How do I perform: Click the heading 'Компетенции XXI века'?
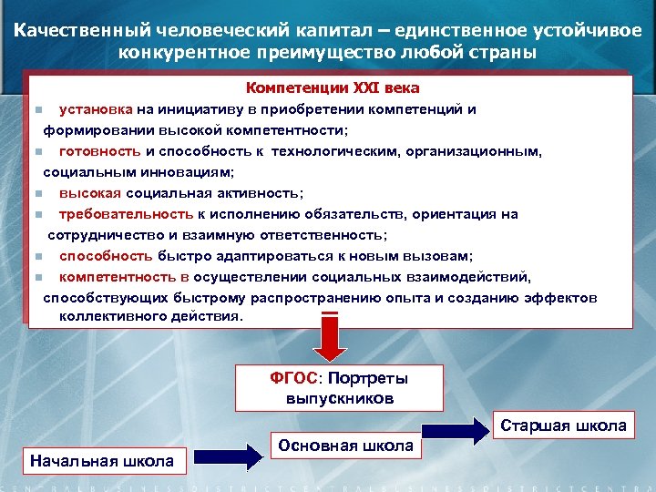(333, 89)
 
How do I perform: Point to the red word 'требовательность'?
(124, 214)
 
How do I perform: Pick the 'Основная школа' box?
(345, 446)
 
